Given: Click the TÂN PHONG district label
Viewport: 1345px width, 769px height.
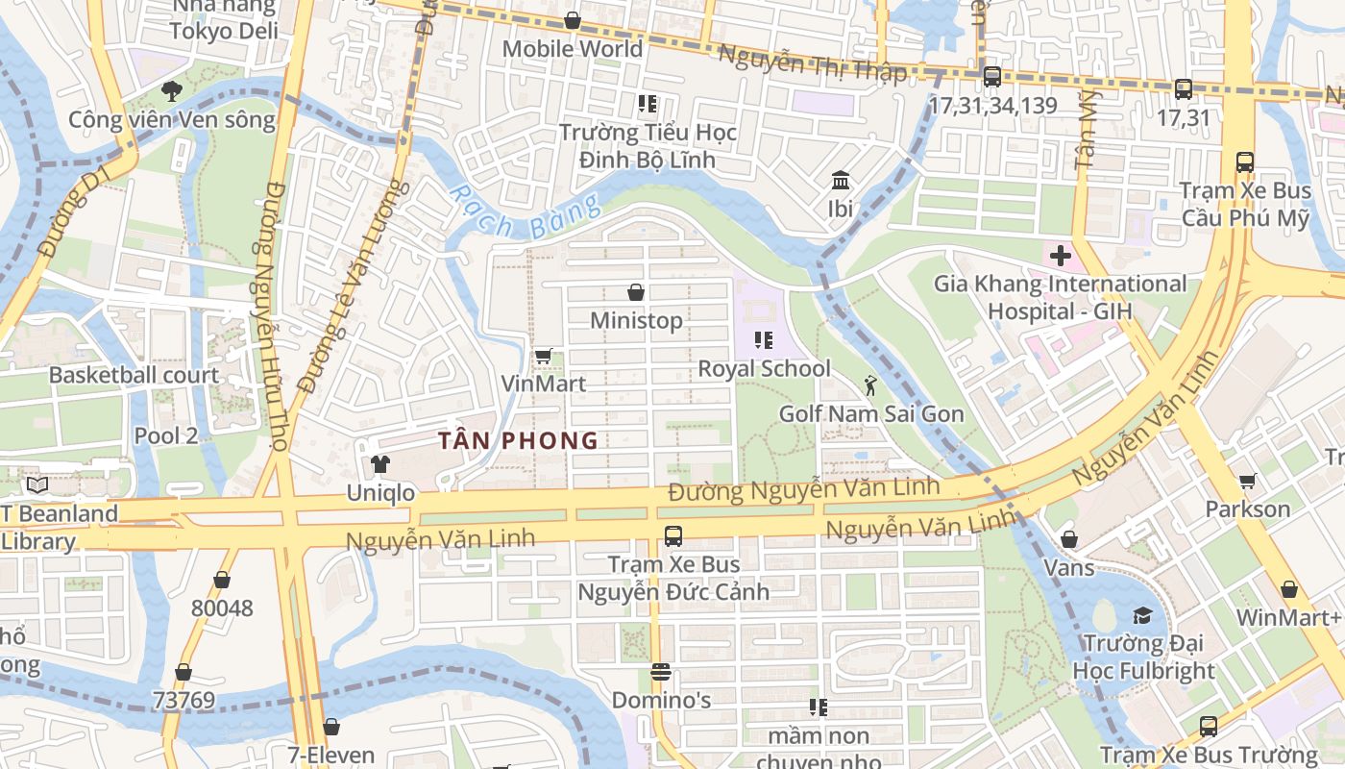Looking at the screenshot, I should coord(518,441).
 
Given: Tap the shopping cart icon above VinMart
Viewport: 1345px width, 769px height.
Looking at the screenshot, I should coord(543,357).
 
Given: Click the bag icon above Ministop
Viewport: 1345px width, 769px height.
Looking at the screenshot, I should coord(635,292).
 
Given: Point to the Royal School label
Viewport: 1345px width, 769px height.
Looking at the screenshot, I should coord(764,369).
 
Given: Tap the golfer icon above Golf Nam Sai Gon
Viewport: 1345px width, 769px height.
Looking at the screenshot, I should coord(870,386).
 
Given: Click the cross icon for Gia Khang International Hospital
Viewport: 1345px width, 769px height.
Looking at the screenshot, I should coord(1061,257).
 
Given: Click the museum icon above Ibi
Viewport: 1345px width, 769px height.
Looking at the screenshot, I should coord(841,181).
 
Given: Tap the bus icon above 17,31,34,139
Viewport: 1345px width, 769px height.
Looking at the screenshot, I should coord(992,77).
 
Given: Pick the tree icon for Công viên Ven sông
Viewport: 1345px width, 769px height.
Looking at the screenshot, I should coord(172,91).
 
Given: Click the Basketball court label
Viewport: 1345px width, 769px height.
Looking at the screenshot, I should coord(134,376).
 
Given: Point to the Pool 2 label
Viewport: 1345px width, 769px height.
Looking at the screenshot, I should coord(166,435).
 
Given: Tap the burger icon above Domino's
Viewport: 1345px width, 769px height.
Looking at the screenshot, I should coord(660,672).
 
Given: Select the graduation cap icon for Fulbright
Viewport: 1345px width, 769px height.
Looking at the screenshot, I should coord(1142,615).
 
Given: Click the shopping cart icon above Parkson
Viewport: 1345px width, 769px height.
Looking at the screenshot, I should coord(1247,481).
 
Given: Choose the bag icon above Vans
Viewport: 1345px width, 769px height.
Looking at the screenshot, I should coord(1068,539).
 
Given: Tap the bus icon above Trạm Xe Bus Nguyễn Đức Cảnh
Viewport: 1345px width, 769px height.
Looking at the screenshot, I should coord(673,536).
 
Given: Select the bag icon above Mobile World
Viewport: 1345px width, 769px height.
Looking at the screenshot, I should coord(573,20).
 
